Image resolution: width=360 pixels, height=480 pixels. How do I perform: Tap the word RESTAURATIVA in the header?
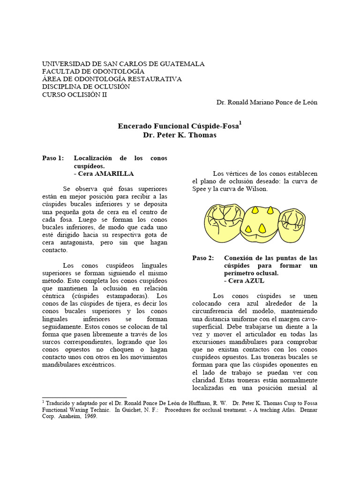point(158,79)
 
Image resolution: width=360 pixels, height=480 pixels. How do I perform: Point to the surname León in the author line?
point(308,102)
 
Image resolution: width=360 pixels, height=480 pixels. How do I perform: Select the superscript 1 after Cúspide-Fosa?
point(240,123)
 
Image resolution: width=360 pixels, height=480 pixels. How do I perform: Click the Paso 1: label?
point(53,158)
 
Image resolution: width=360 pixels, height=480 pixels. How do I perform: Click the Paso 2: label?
point(203,258)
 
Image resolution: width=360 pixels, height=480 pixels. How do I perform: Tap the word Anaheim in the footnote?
point(67,417)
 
